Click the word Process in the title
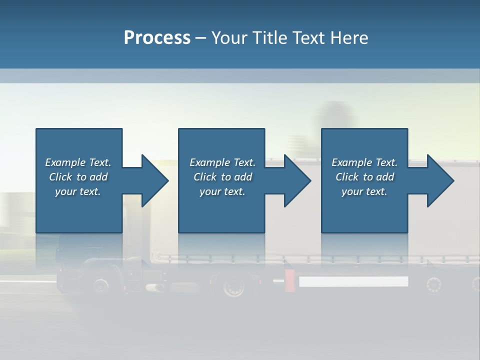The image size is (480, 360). click(x=157, y=38)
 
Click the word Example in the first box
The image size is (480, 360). click(x=65, y=162)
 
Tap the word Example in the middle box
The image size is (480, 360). click(x=209, y=162)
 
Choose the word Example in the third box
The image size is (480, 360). click(x=351, y=162)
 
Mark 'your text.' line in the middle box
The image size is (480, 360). click(x=222, y=191)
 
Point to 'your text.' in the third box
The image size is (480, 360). click(x=364, y=191)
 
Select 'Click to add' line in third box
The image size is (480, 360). click(x=364, y=177)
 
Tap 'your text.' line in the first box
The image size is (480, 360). click(x=77, y=191)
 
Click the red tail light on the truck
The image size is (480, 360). click(x=289, y=280)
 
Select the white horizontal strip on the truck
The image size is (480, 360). click(x=353, y=281)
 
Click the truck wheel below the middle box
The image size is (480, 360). click(x=232, y=286)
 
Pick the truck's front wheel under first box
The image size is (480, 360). click(x=100, y=285)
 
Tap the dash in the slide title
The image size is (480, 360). click(x=200, y=38)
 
